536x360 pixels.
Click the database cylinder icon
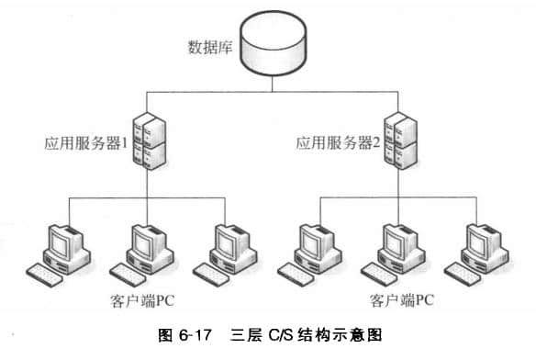272,46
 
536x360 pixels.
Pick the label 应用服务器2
335,145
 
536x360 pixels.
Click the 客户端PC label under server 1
140,300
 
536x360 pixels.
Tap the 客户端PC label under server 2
395,300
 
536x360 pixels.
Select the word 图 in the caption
192,342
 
